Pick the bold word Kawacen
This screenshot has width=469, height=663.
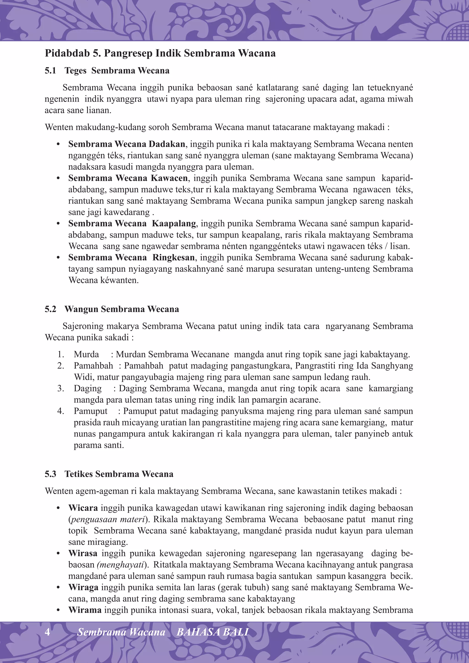point(169,178)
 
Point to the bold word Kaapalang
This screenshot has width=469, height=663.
point(174,223)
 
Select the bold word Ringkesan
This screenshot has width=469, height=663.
point(174,258)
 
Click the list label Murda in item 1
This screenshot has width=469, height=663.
point(86,354)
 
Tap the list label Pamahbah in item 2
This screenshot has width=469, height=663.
point(93,366)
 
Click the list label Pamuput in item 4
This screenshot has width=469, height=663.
point(90,411)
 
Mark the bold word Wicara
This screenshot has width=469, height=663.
point(83,508)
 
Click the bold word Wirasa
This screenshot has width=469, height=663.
point(83,553)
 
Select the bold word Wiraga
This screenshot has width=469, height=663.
point(83,587)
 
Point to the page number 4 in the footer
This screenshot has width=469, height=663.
point(47,632)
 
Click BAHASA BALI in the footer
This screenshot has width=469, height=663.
point(212,632)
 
